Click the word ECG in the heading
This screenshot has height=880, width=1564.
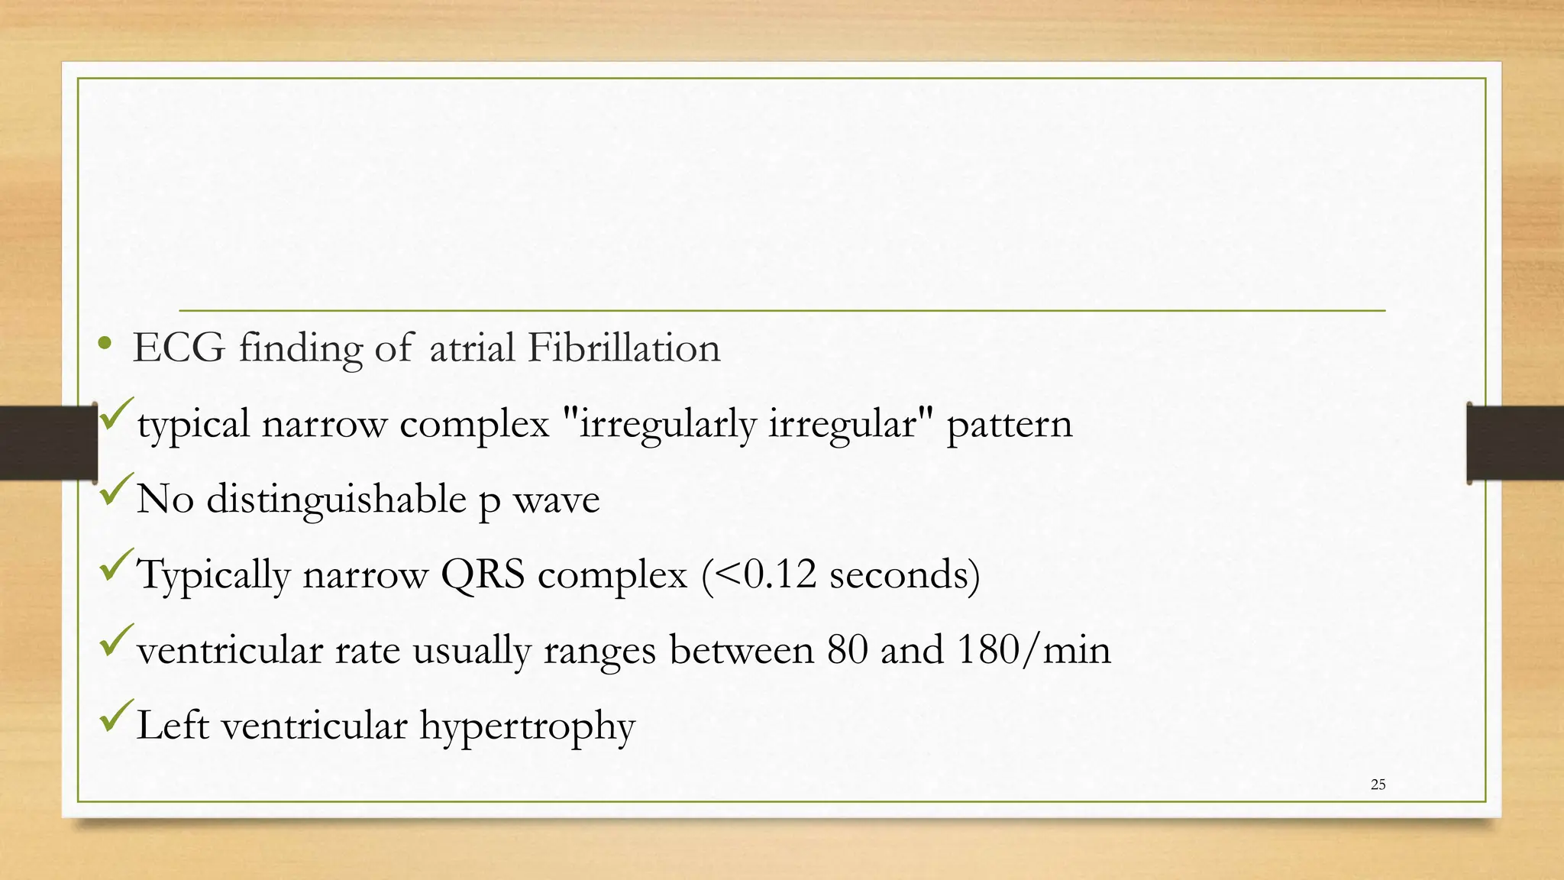pos(179,348)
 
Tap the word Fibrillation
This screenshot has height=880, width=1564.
pos(623,348)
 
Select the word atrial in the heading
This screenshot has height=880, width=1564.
pos(472,348)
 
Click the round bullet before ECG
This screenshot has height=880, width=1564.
pos(105,345)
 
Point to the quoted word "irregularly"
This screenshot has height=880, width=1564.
pos(664,424)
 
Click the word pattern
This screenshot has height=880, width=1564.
pos(1009,424)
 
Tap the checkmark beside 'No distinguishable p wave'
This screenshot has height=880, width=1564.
pos(115,489)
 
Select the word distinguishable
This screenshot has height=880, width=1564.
pos(336,500)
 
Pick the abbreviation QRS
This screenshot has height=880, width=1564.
pos(483,574)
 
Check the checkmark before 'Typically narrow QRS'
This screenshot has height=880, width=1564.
pos(115,564)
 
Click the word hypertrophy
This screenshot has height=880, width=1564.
pos(527,726)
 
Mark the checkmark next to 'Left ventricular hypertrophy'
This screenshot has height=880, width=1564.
pos(115,715)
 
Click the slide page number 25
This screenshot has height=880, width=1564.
pos(1378,785)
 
